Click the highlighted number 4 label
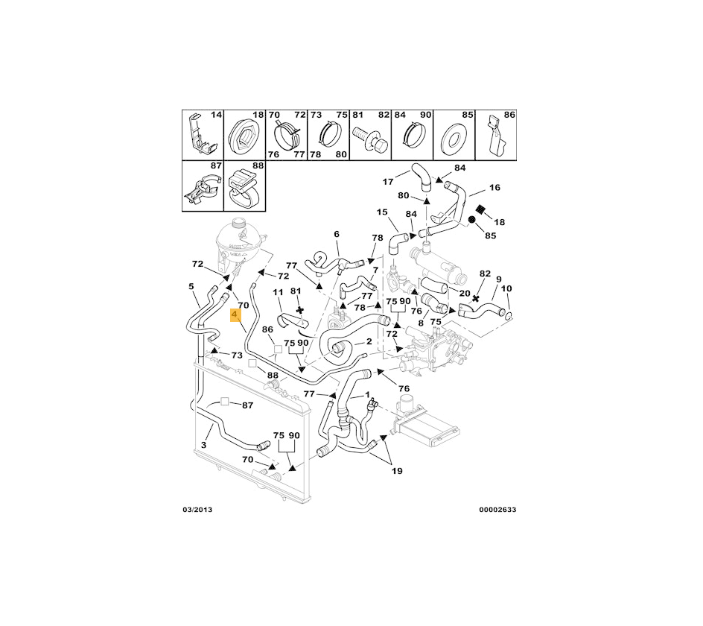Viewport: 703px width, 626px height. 236,315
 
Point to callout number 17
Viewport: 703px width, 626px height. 388,181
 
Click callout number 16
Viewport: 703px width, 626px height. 494,188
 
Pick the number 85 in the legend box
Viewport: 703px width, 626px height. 468,116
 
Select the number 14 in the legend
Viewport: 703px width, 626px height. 216,116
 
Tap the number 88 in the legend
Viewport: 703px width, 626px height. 258,165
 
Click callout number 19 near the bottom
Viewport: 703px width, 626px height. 397,471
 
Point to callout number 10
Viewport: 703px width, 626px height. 506,288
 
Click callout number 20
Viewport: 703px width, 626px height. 464,294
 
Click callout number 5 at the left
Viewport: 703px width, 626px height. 191,286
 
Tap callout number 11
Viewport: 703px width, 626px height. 279,292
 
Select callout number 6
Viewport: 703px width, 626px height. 337,234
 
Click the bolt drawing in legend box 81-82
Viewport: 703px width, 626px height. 371,140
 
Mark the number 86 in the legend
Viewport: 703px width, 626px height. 509,116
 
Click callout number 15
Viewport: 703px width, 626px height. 382,212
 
